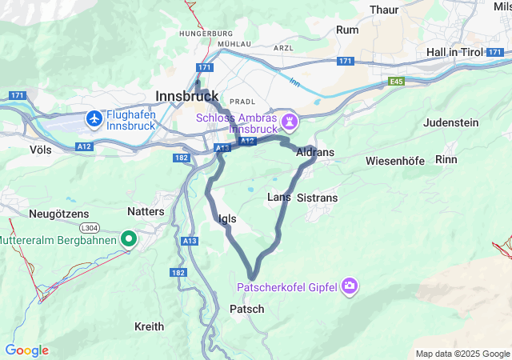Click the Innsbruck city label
[x=188, y=94]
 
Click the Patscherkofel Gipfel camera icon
[x=350, y=286]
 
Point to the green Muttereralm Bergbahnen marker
[x=129, y=238]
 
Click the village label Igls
[x=226, y=218]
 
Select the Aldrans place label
[x=314, y=151]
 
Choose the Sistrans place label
[x=318, y=197]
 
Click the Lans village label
[x=278, y=197]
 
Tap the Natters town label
[x=146, y=211]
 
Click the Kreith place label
[x=150, y=326]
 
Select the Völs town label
[x=40, y=150]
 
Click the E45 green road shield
[x=397, y=82]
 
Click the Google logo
[x=26, y=350]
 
